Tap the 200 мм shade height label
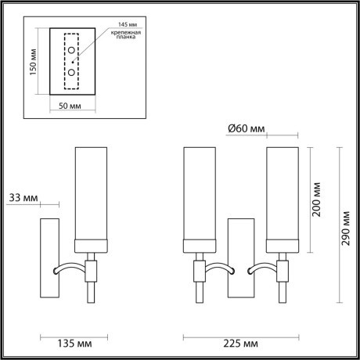[x=315, y=200]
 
